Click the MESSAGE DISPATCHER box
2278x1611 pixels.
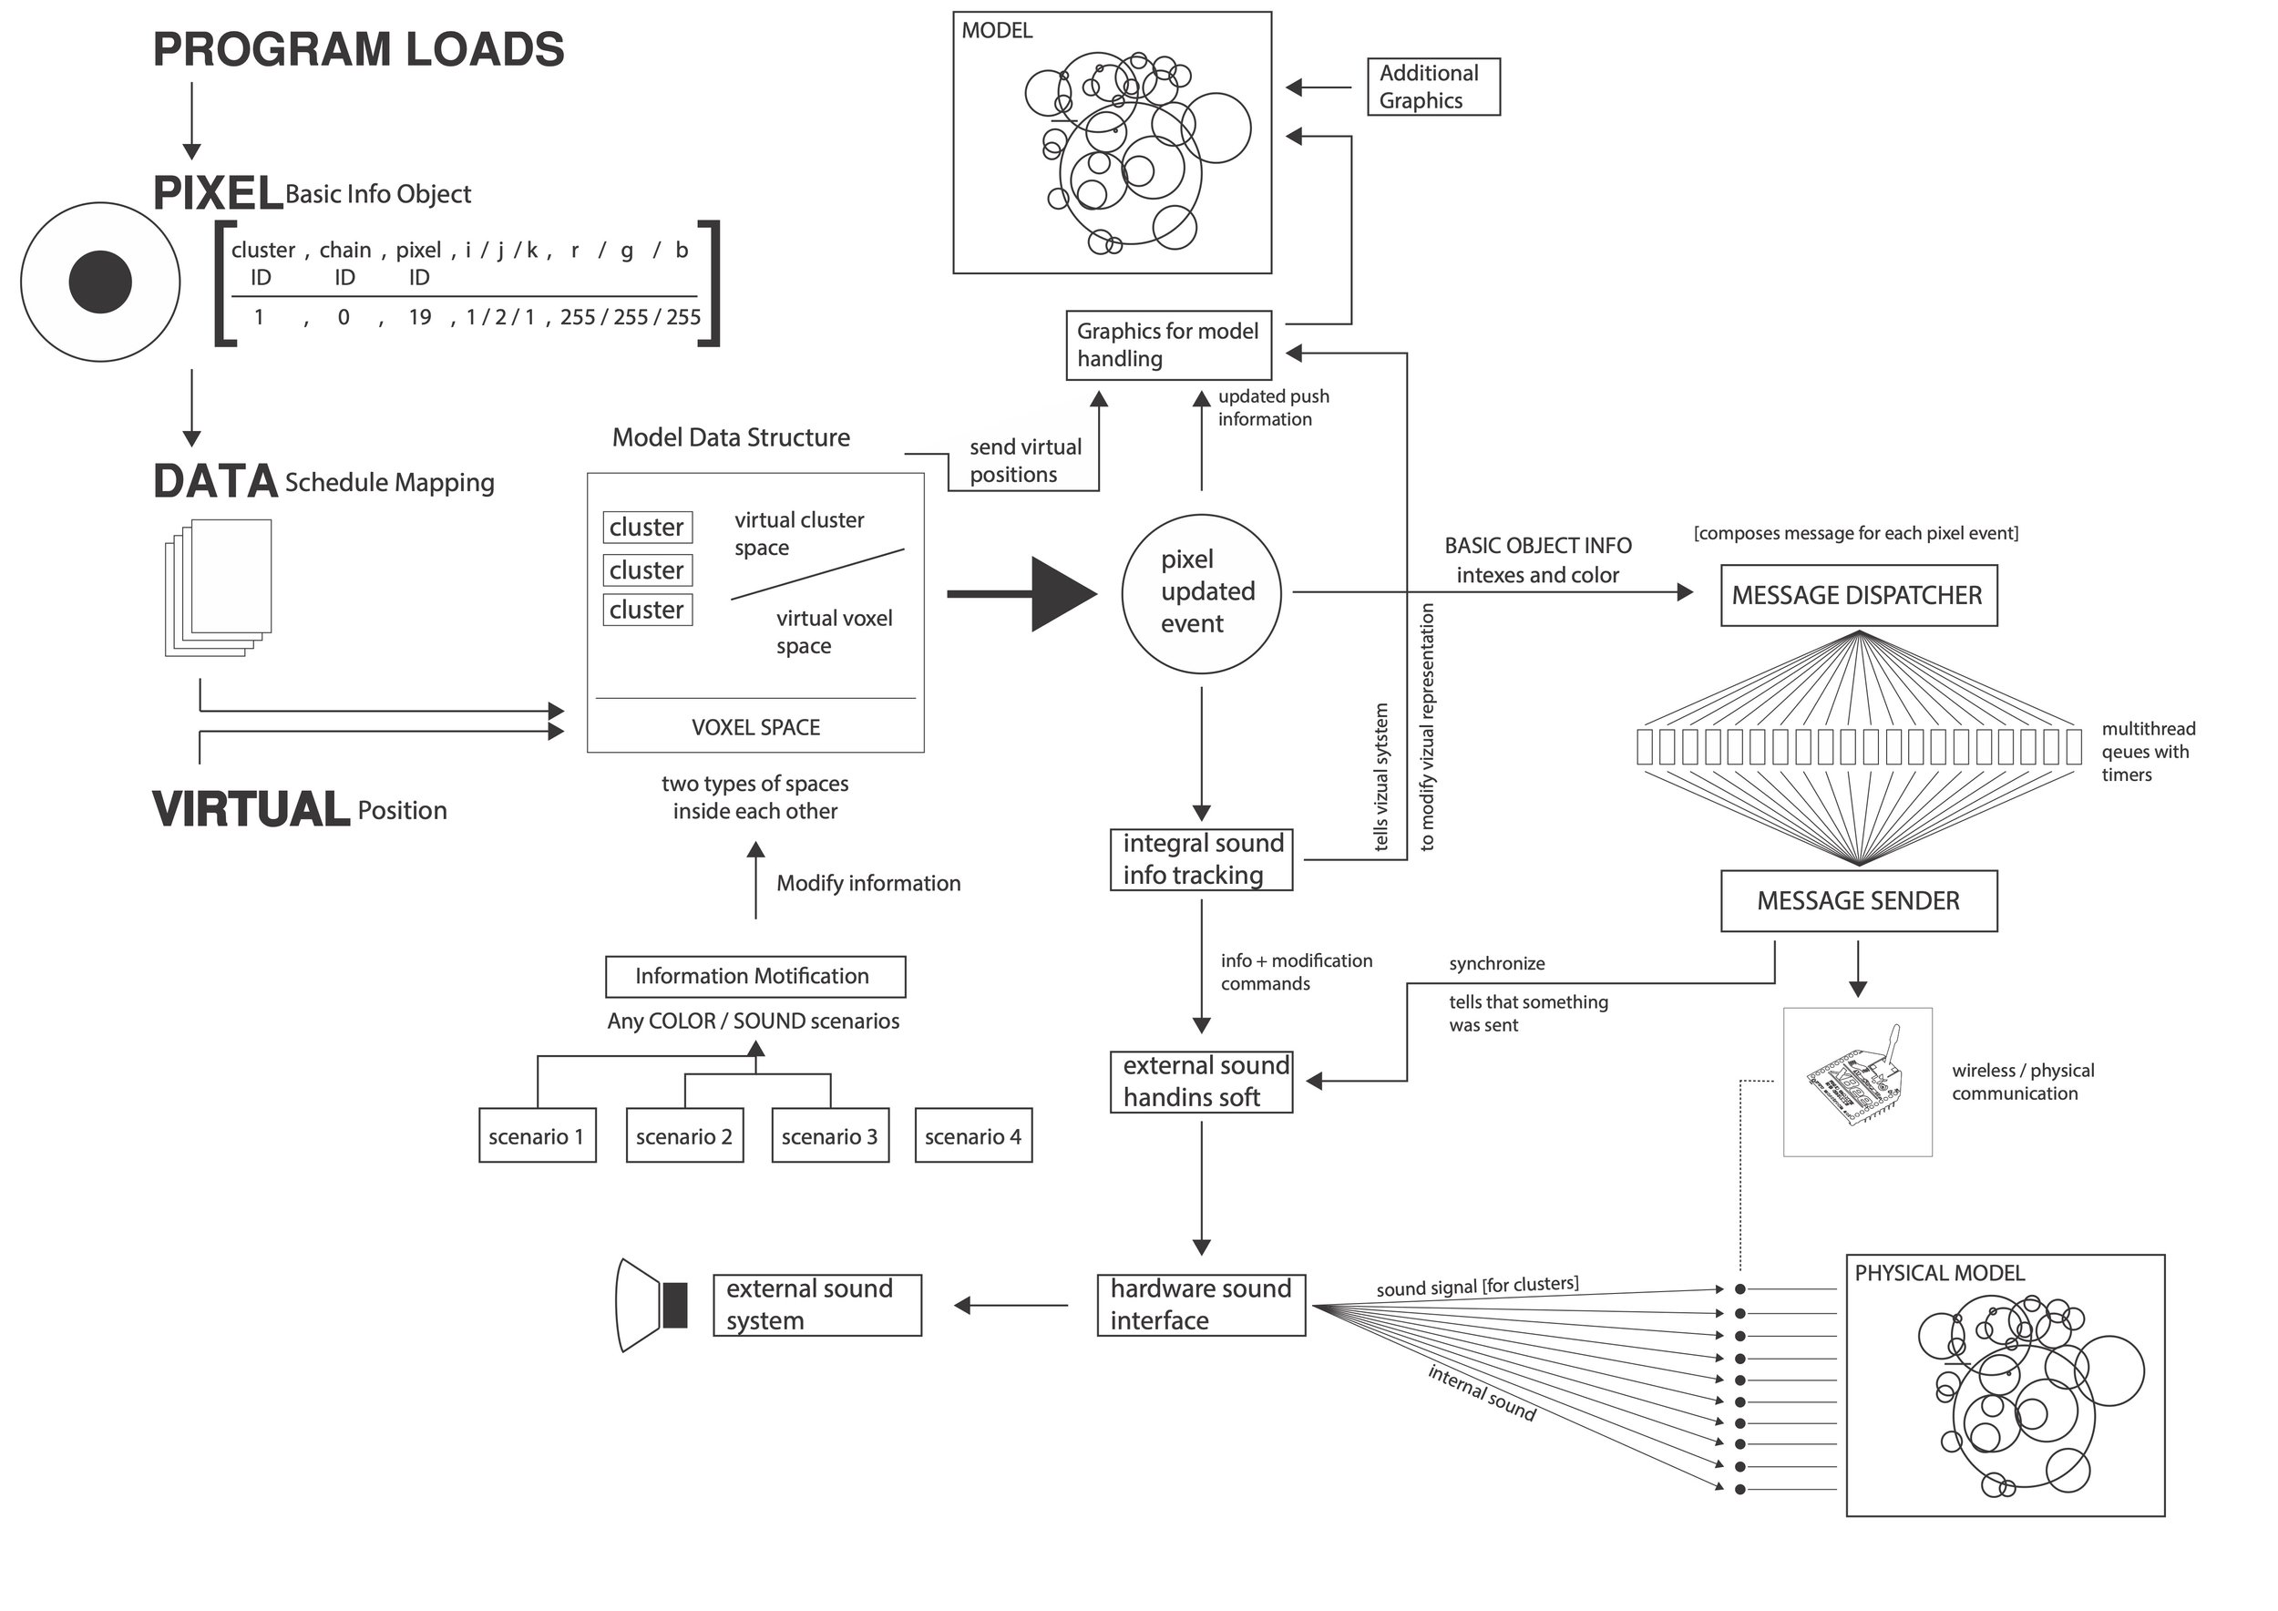tap(1858, 595)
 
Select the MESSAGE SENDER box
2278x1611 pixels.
tap(1858, 901)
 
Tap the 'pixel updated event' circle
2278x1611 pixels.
tap(1202, 593)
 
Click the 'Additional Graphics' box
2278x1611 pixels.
tap(1432, 87)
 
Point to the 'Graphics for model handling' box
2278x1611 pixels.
tap(1168, 345)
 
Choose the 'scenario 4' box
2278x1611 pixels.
tap(973, 1136)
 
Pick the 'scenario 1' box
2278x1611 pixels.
tap(537, 1136)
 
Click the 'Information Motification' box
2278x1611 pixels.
tap(755, 976)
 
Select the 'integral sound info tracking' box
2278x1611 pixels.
tap(1202, 860)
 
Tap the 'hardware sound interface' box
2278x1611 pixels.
tap(1202, 1306)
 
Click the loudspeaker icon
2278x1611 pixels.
tap(652, 1306)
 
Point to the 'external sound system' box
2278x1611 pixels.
tap(817, 1306)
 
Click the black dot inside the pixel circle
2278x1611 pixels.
tap(100, 282)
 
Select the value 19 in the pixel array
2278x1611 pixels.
tap(420, 317)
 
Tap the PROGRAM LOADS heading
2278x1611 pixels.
tap(358, 49)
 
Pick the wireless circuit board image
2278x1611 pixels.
tap(1857, 1082)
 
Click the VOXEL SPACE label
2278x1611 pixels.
tap(756, 727)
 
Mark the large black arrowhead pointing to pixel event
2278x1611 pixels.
tap(1063, 594)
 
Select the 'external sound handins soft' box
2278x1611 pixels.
tap(1202, 1083)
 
